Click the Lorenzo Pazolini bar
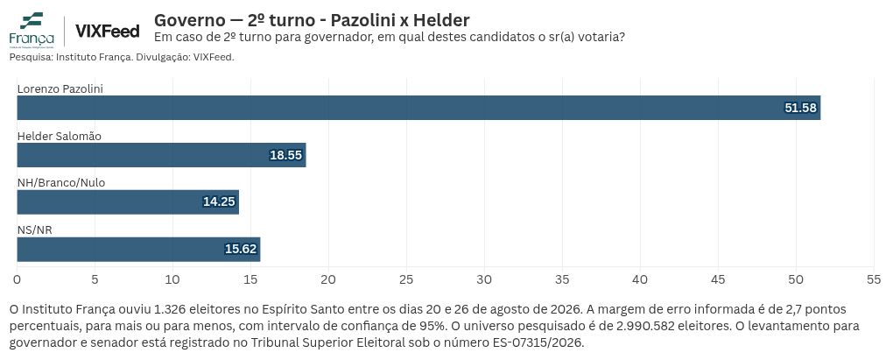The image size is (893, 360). (418, 108)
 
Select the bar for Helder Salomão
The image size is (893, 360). (162, 155)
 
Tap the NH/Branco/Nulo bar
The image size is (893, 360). (128, 202)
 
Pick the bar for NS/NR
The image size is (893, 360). (138, 250)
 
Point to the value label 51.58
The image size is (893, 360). (800, 109)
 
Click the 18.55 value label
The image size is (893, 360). (286, 156)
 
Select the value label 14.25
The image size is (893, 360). (219, 202)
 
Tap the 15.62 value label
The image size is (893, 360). (241, 250)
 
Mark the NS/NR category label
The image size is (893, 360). (35, 230)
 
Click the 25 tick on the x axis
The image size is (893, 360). (406, 279)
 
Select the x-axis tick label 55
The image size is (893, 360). (874, 279)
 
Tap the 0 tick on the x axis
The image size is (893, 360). (18, 279)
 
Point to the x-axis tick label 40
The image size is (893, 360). (640, 279)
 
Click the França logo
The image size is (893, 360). (32, 29)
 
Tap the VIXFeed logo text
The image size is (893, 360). (107, 32)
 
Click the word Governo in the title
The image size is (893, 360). (189, 20)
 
